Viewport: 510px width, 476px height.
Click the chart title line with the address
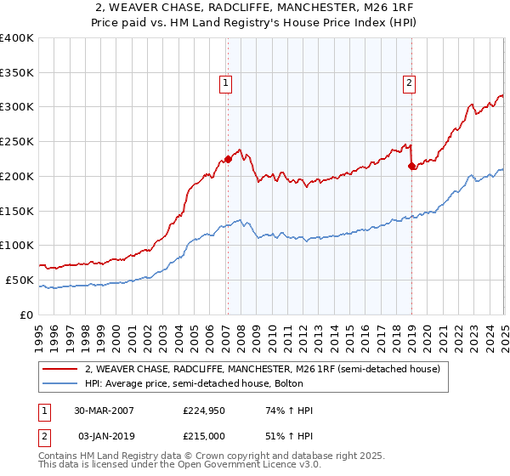pyautogui.click(x=255, y=8)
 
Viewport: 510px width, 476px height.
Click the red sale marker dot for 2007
pyautogui.click(x=228, y=159)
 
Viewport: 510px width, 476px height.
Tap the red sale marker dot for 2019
pyautogui.click(x=412, y=166)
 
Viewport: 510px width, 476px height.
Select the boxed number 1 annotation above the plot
pyautogui.click(x=226, y=83)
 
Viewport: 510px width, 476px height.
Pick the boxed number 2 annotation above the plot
pyautogui.click(x=409, y=83)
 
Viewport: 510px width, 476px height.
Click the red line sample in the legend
pyautogui.click(x=59, y=369)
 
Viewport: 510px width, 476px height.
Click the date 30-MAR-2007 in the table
pyautogui.click(x=104, y=411)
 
